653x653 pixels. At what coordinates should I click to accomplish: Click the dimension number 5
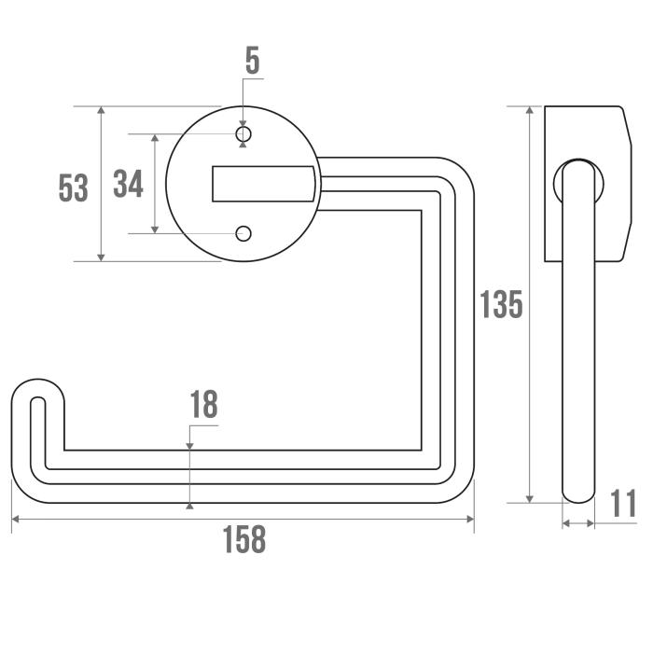pos(253,61)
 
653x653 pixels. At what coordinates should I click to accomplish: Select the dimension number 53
pos(74,188)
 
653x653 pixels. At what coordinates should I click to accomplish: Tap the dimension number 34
pos(129,184)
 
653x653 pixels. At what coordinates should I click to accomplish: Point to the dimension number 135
pos(501,304)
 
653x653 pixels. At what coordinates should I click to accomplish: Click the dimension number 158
pos(244,539)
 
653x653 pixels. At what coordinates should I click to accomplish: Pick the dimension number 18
pos(203,404)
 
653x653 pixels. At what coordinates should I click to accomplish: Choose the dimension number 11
pos(623,503)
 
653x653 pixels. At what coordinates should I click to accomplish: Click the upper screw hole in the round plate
pos(243,134)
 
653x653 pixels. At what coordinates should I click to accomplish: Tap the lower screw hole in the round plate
pos(243,233)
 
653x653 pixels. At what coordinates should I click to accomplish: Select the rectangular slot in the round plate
pos(264,184)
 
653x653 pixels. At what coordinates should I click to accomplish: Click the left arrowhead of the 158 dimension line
pos(16,519)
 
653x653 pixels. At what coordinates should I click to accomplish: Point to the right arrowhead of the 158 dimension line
pos(470,519)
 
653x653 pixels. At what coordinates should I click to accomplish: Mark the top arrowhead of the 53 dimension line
pos(101,110)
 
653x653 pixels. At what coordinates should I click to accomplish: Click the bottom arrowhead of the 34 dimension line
pos(155,229)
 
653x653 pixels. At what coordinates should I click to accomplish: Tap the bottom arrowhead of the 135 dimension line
pos(530,498)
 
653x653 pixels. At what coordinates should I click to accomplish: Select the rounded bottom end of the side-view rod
pos(578,495)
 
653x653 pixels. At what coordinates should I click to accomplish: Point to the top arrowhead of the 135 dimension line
pos(530,110)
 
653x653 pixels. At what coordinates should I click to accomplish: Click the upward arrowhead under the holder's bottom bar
pos(190,506)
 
